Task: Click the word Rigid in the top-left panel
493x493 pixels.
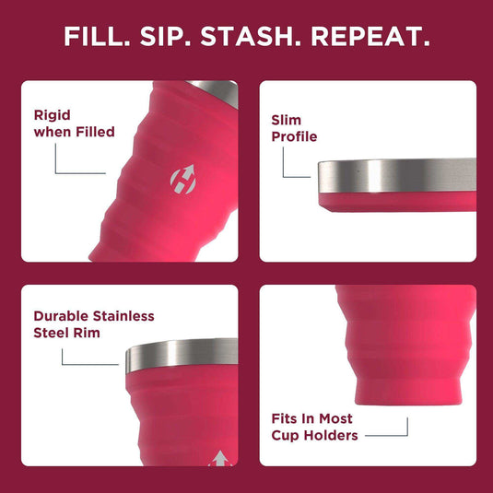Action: click(53, 115)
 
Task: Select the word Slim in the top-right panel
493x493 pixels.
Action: click(287, 120)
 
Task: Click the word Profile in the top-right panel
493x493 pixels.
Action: click(294, 136)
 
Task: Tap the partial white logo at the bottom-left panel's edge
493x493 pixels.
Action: click(220, 458)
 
